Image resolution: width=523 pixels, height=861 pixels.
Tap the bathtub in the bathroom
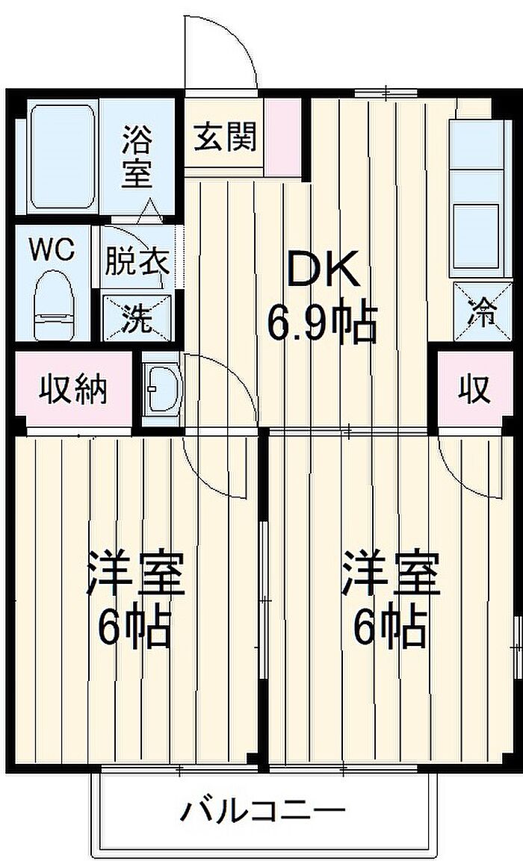coord(64,158)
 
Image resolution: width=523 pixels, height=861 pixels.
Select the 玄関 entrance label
coord(225,137)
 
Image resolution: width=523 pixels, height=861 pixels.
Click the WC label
coord(52,249)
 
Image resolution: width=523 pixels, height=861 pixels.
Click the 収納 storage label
coord(73,389)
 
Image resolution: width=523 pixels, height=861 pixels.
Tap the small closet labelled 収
coord(474,389)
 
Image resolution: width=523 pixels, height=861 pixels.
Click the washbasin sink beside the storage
coord(161,388)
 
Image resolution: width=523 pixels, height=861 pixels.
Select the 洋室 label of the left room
coord(135,574)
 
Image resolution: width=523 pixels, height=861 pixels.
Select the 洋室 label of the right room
coord(391,574)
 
